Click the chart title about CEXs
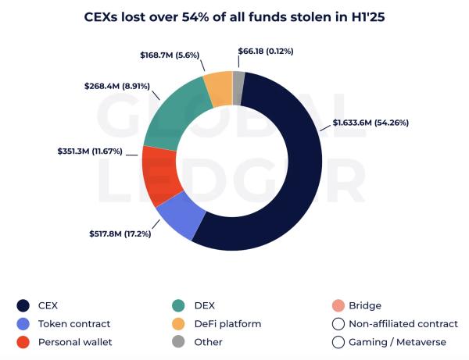tap(234, 16)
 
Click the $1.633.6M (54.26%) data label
tap(371, 123)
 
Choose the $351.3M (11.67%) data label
tap(90, 151)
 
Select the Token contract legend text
tap(73, 323)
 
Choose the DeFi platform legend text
tap(227, 323)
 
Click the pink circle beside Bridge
tap(338, 305)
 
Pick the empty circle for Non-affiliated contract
tap(338, 323)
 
